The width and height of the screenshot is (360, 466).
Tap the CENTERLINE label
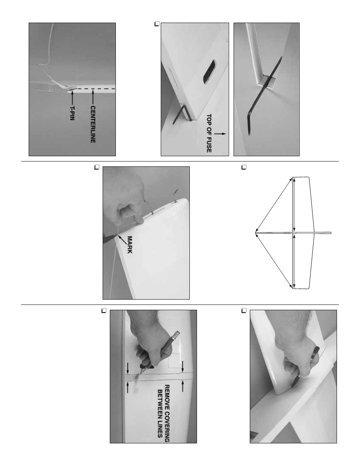[x=93, y=125]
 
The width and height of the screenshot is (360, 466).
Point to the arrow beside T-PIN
[x=72, y=98]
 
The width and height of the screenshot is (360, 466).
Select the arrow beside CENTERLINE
[x=93, y=98]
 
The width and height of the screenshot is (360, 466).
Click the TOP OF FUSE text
[x=209, y=133]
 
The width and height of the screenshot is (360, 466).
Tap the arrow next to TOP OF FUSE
[x=220, y=134]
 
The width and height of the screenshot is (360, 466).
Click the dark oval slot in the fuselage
[x=209, y=72]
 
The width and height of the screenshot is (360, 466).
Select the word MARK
[x=130, y=245]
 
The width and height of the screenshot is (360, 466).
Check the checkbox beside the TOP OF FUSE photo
[x=157, y=24]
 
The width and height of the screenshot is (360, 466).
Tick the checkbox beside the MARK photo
[x=97, y=167]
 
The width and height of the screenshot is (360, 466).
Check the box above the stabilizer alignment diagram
[x=244, y=167]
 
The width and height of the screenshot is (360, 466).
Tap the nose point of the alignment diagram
[x=255, y=233]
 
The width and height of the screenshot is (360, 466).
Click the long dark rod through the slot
[x=265, y=96]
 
